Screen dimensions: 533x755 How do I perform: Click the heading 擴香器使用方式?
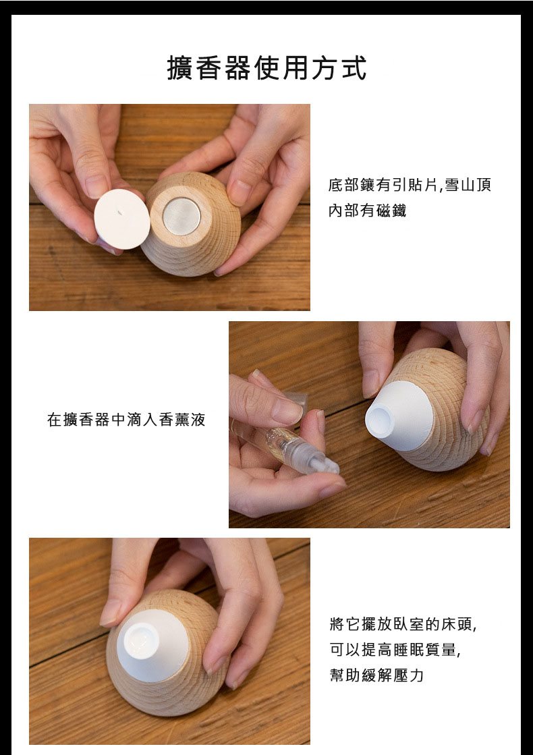point(266,67)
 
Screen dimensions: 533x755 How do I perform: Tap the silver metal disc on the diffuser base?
point(181,216)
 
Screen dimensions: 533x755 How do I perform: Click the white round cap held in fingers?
point(122,219)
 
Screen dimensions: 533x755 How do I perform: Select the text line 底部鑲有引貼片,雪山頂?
point(410,185)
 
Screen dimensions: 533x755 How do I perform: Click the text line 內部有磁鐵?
point(368,211)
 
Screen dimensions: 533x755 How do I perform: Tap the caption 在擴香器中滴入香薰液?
point(126,420)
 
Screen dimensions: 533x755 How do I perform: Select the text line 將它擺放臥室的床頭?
point(403,624)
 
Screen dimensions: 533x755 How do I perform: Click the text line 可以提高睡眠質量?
point(395,650)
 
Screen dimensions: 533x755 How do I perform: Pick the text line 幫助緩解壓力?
point(376,675)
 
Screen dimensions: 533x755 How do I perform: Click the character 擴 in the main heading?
point(179,68)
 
